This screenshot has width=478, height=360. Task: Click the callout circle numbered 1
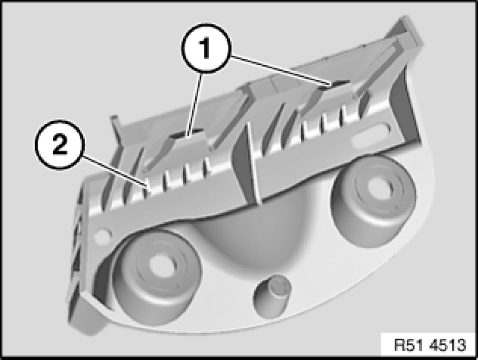pyautogui.click(x=206, y=49)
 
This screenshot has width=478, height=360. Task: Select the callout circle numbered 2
pyautogui.click(x=59, y=145)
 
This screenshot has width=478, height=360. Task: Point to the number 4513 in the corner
pyautogui.click(x=447, y=345)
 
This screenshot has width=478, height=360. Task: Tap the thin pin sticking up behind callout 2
pyautogui.click(x=116, y=128)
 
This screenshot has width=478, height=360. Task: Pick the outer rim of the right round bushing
pyautogui.click(x=338, y=214)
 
